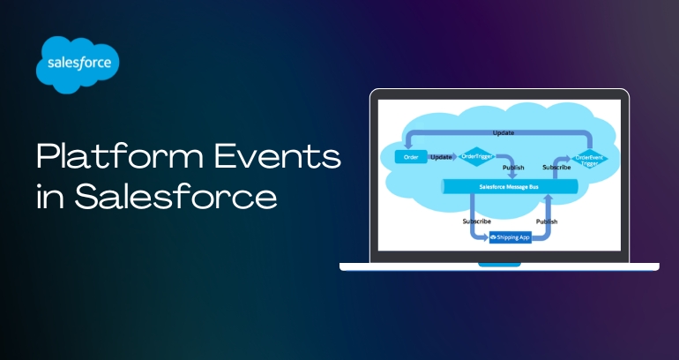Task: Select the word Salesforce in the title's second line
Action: [x=175, y=197]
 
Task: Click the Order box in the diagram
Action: [x=411, y=157]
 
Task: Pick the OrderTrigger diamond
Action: [x=474, y=157]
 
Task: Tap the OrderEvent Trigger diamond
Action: [x=588, y=160]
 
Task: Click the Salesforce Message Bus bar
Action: [x=509, y=187]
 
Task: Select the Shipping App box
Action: [x=511, y=237]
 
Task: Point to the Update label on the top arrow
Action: [x=503, y=132]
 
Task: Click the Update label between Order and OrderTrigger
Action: [x=441, y=157]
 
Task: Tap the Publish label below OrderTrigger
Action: [x=512, y=168]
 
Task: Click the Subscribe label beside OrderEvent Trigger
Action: [x=556, y=167]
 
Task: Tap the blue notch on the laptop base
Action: [x=499, y=264]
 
